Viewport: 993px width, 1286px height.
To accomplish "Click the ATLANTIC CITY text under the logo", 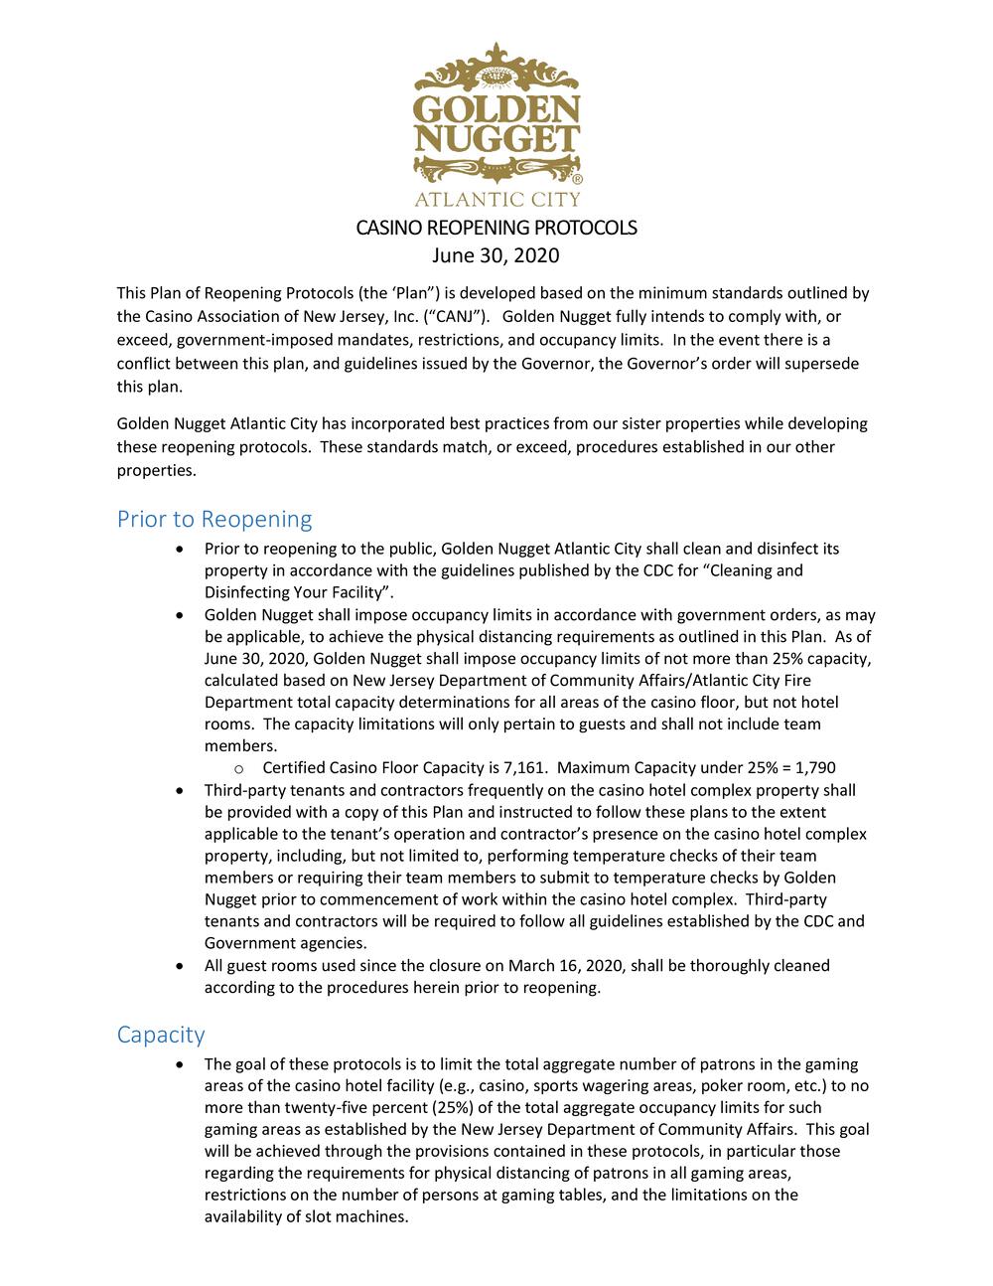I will [x=496, y=198].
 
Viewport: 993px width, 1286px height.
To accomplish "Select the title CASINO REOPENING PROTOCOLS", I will [x=496, y=228].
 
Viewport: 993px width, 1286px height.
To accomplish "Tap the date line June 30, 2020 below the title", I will [x=496, y=255].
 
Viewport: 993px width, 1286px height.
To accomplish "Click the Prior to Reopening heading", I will [x=214, y=519].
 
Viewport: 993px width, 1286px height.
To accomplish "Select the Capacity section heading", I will [x=161, y=1035].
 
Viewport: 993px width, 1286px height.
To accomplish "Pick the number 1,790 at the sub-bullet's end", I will [x=810, y=768].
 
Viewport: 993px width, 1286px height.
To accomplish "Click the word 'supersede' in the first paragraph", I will [x=821, y=364].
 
